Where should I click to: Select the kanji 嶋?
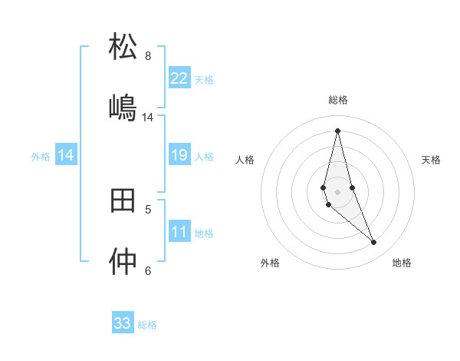pyautogui.click(x=123, y=107)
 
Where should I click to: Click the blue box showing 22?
pyautogui.click(x=179, y=78)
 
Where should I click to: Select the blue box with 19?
pyautogui.click(x=179, y=156)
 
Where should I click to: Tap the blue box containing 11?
pyautogui.click(x=179, y=233)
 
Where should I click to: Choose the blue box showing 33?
pyautogui.click(x=123, y=323)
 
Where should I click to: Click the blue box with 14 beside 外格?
pyautogui.click(x=66, y=156)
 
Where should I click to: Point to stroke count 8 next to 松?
pyautogui.click(x=148, y=56)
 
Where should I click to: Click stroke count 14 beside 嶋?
pyautogui.click(x=148, y=118)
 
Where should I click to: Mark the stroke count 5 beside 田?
pyautogui.click(x=148, y=209)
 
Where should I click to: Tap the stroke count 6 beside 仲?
pyautogui.click(x=148, y=270)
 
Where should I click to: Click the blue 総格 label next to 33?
pyautogui.click(x=147, y=325)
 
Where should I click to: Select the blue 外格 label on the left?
pyautogui.click(x=41, y=157)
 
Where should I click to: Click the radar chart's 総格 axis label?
pyautogui.click(x=338, y=100)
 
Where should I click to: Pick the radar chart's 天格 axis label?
pyautogui.click(x=431, y=160)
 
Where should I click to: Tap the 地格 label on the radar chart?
pyautogui.click(x=402, y=263)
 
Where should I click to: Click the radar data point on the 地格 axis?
pyautogui.click(x=373, y=243)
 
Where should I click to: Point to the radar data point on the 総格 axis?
pyautogui.click(x=337, y=131)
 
